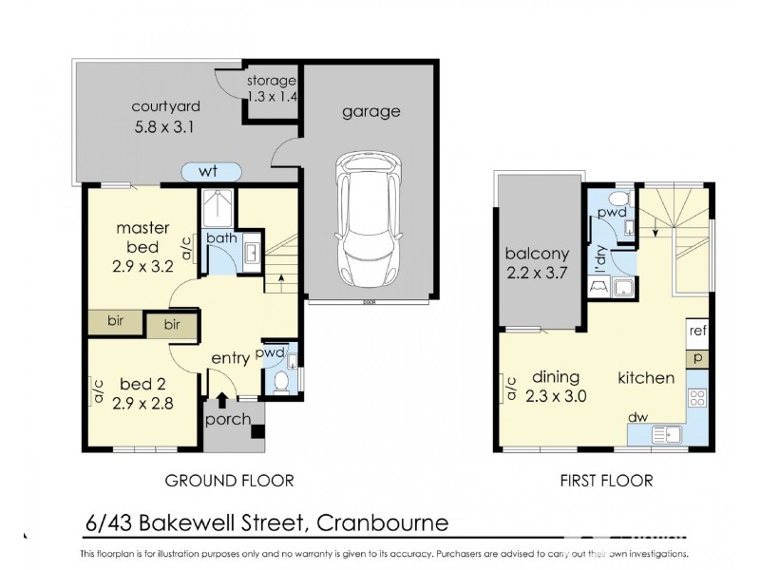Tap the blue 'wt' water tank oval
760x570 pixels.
[x=210, y=172]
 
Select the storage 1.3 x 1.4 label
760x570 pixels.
[x=272, y=88]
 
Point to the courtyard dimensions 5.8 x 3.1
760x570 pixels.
[x=163, y=126]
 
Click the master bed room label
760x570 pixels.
[x=143, y=246]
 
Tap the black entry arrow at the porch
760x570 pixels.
[x=223, y=401]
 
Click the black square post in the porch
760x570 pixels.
[x=256, y=431]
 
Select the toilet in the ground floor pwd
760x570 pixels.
[x=282, y=381]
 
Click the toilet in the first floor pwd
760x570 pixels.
[x=618, y=199]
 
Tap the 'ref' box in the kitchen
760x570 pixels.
[x=698, y=332]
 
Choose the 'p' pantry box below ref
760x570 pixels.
[x=698, y=358]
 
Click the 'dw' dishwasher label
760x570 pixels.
[x=637, y=416]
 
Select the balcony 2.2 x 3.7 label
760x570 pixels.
[x=537, y=265]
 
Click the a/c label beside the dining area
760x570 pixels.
[x=511, y=388]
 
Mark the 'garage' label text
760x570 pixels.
[x=370, y=111]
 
